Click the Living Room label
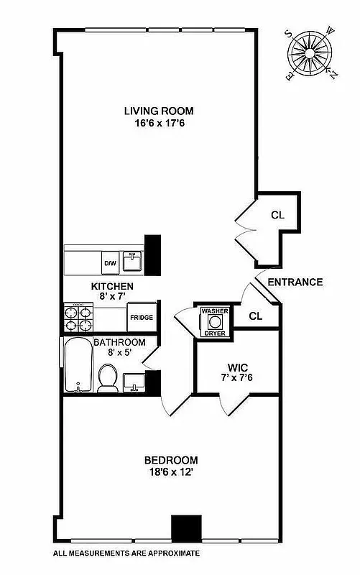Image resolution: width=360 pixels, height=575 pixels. pos(159,111)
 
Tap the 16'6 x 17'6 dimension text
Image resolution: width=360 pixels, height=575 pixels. pos(159,122)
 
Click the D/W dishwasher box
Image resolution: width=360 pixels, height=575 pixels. pos(111,263)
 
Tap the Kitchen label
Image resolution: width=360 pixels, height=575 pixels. pos(112,286)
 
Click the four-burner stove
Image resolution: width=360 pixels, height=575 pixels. pos(79,318)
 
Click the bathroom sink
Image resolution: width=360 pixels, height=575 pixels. pos(133,381)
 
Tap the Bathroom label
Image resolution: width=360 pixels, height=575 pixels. pos(120,342)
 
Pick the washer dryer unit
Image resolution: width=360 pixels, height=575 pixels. pos(214,321)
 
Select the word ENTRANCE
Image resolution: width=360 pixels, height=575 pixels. pos(295,282)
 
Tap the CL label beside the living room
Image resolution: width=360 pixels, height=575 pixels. pos(278,215)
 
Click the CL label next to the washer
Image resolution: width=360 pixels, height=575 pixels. pos(256,316)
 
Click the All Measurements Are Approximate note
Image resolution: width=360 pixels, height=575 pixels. pos(126,553)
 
